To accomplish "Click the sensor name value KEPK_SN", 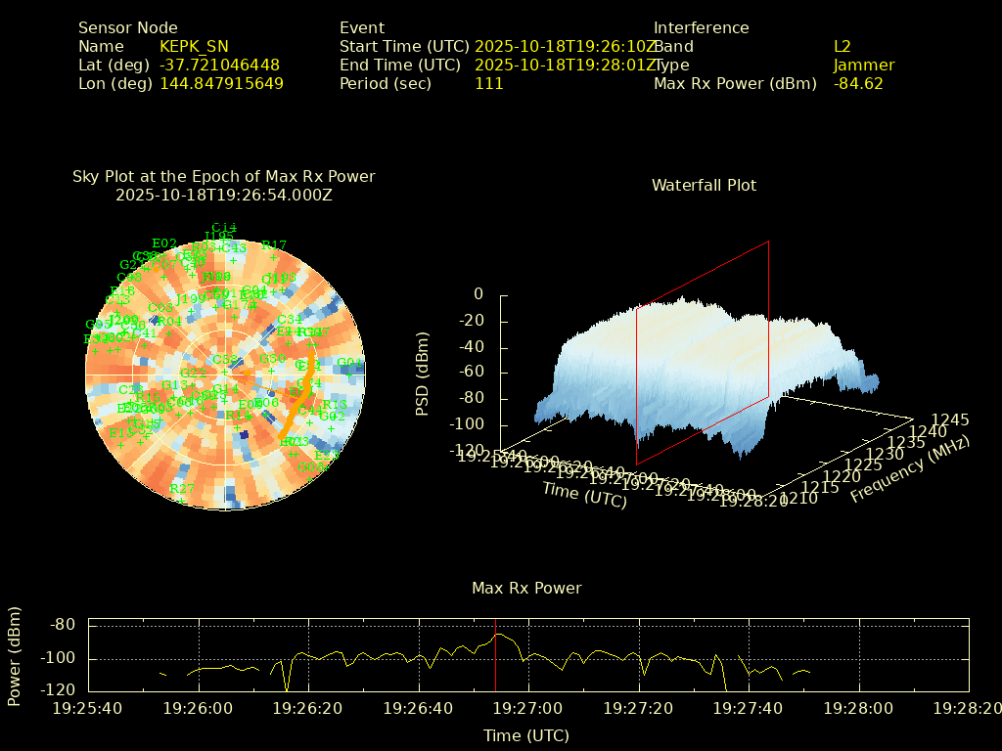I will tap(194, 47).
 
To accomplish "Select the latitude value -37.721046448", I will tap(219, 66).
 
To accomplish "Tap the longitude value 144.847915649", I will tap(221, 84).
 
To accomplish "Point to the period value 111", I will tap(488, 84).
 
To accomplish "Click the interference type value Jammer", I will tap(864, 66).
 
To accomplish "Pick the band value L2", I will tap(843, 47).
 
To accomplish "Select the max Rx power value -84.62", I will tap(858, 84).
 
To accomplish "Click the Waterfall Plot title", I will tap(704, 186).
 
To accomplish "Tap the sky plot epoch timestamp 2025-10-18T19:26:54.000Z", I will tap(224, 195).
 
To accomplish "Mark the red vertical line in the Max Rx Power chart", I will tap(495, 655).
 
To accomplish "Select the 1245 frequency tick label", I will tap(950, 420).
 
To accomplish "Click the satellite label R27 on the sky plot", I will tap(182, 489).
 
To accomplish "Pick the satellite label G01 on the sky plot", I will tap(349, 363).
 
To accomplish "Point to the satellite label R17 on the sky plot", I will tap(274, 246).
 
